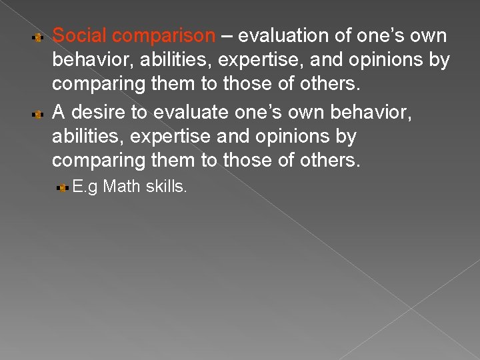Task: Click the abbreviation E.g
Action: [x=85, y=187]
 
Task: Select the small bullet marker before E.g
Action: [x=63, y=189]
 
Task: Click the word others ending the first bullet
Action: [x=327, y=85]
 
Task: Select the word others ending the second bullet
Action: [x=327, y=161]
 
